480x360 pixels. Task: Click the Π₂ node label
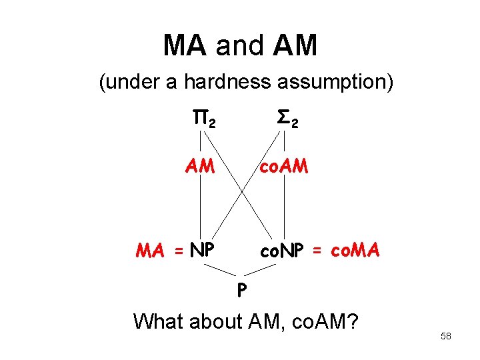pyautogui.click(x=203, y=120)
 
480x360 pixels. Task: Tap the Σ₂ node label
pyautogui.click(x=287, y=120)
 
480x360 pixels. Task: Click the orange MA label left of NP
pyautogui.click(x=150, y=251)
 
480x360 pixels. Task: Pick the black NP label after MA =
pyautogui.click(x=202, y=251)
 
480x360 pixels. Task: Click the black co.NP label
pyautogui.click(x=283, y=251)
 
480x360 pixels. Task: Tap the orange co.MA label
pyautogui.click(x=355, y=251)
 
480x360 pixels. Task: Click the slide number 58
pyautogui.click(x=446, y=336)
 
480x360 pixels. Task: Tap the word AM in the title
pyautogui.click(x=295, y=46)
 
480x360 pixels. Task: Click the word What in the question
pyautogui.click(x=158, y=321)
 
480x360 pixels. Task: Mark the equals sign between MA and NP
pyautogui.click(x=178, y=251)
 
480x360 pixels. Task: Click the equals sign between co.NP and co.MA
pyautogui.click(x=317, y=251)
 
